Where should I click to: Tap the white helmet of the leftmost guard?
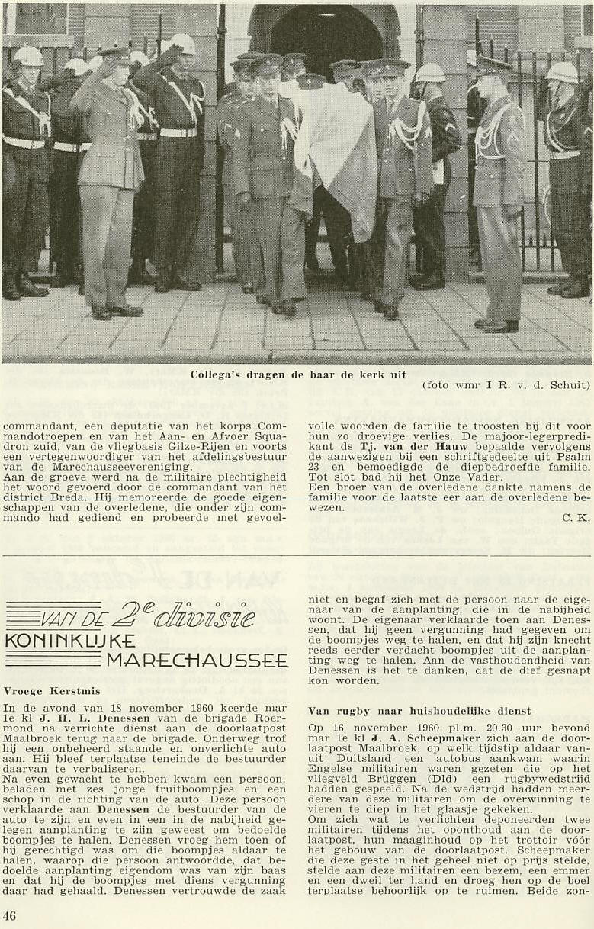pos(28,56)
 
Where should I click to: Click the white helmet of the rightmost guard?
pos(561,72)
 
